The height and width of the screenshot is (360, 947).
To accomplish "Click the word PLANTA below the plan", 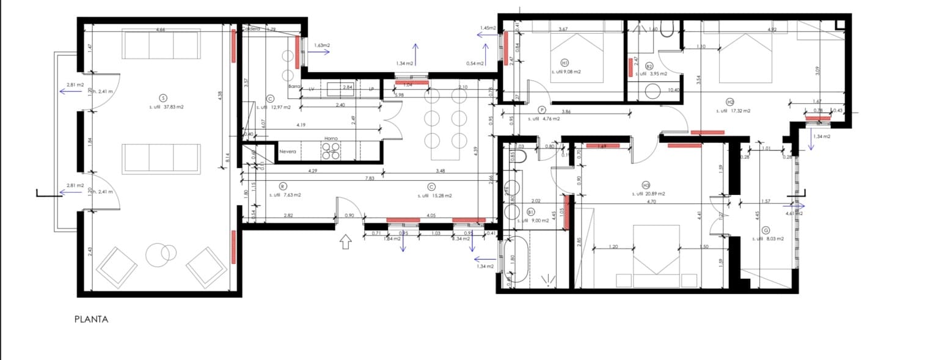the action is tap(91, 319).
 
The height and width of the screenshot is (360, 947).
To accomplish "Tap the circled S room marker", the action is tap(163, 98).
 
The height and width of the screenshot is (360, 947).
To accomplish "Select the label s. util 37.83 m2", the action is tap(166, 107).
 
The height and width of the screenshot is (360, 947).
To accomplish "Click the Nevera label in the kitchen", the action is tap(288, 151).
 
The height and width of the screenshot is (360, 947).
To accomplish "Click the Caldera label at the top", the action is tap(252, 29).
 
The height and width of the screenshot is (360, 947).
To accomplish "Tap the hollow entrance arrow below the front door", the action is tap(345, 242).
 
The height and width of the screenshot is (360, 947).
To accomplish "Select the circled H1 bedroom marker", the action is tap(565, 62).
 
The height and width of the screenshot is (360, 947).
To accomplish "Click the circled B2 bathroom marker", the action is tap(649, 66).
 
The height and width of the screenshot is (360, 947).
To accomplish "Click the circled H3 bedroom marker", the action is tap(646, 185).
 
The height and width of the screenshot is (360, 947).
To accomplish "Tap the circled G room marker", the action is tap(765, 230).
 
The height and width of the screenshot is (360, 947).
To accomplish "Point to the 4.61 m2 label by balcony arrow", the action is tap(794, 214).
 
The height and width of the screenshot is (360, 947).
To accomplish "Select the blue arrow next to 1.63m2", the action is tap(319, 52).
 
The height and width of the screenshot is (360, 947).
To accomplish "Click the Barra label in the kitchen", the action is tap(295, 87).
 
